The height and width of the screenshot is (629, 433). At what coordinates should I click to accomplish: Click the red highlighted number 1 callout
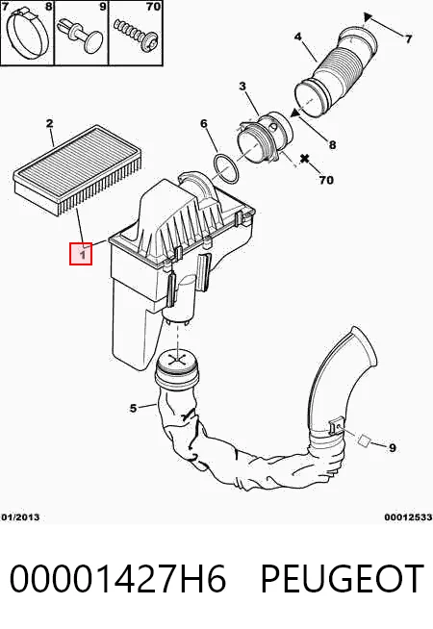pyautogui.click(x=81, y=254)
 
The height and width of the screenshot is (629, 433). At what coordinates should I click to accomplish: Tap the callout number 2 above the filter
pyautogui.click(x=49, y=123)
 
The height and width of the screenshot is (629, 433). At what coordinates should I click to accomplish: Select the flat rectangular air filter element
pyautogui.click(x=78, y=169)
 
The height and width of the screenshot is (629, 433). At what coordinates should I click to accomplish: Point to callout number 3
pyautogui.click(x=242, y=86)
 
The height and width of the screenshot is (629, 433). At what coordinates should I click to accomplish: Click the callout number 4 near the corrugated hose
pyautogui.click(x=297, y=37)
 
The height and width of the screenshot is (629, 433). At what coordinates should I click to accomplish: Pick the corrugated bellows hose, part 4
pyautogui.click(x=336, y=72)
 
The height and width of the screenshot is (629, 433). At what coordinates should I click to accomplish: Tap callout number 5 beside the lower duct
pyautogui.click(x=133, y=408)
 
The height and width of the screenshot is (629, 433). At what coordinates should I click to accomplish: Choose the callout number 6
pyautogui.click(x=204, y=123)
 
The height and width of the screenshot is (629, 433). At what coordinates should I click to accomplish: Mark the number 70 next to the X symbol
pyautogui.click(x=326, y=180)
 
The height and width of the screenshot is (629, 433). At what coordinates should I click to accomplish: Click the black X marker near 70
pyautogui.click(x=305, y=158)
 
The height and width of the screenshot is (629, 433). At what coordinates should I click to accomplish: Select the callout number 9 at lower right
pyautogui.click(x=393, y=447)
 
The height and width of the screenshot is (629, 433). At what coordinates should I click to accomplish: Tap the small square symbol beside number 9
pyautogui.click(x=364, y=440)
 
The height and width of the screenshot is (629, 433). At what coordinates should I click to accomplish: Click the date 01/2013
pyautogui.click(x=20, y=517)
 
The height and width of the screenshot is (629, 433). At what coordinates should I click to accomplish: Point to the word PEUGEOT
pyautogui.click(x=343, y=578)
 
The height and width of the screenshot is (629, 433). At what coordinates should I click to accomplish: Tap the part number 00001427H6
pyautogui.click(x=117, y=578)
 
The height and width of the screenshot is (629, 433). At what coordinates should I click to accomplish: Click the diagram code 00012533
pyautogui.click(x=408, y=517)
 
